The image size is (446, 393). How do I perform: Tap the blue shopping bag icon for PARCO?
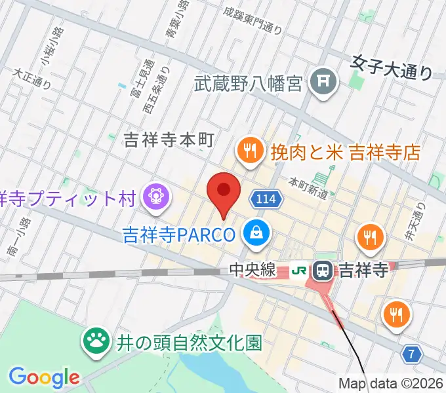point(254,232)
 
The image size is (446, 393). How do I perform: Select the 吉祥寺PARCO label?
point(178,234)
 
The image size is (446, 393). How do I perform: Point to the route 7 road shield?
point(411,354)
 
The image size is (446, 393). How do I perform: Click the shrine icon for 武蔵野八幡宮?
point(323,82)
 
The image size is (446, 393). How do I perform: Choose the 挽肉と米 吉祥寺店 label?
point(345,153)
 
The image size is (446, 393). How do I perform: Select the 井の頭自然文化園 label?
point(190,342)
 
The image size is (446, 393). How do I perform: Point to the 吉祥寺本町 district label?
point(170,139)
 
